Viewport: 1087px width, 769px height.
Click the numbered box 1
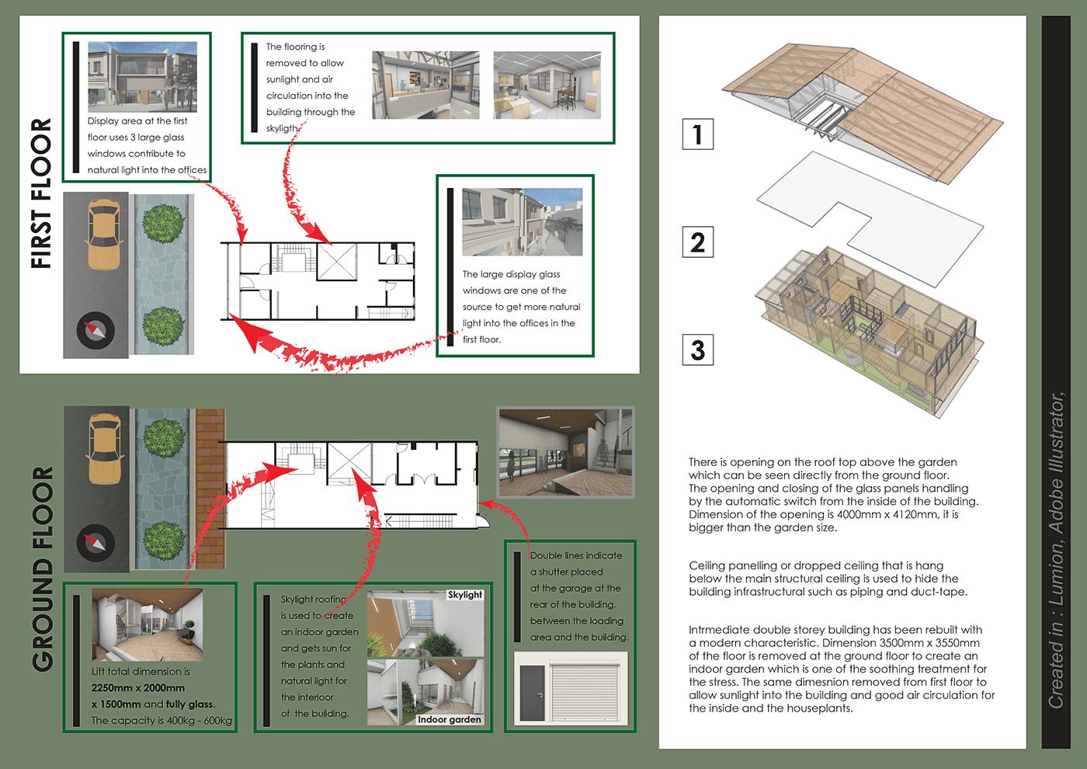[x=697, y=134]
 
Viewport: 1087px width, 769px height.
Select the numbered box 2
[x=697, y=242]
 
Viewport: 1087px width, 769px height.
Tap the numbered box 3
[x=697, y=349]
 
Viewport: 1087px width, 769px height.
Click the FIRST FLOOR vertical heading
[x=40, y=193]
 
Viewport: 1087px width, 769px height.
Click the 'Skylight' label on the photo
[x=464, y=595]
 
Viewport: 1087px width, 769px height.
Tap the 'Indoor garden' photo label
[x=449, y=719]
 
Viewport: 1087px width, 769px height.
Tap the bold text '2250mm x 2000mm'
[x=138, y=688]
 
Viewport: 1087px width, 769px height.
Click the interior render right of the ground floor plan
[x=565, y=453]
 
